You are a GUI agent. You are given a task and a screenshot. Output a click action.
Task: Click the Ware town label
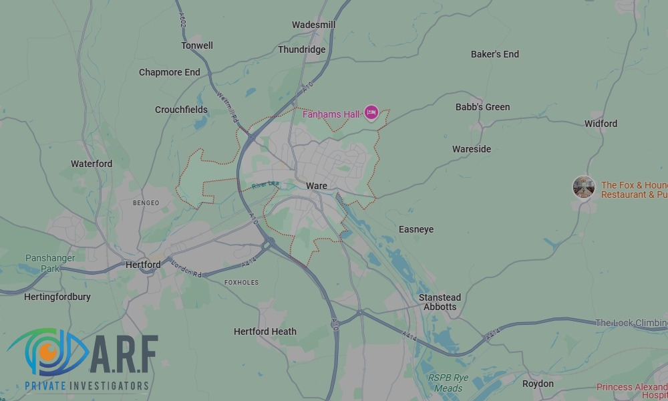click(x=317, y=186)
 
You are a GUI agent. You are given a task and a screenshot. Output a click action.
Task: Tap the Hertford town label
click(x=143, y=265)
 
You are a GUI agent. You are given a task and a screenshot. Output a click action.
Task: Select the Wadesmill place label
click(x=313, y=25)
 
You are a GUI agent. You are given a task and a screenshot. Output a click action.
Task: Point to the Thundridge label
click(x=301, y=49)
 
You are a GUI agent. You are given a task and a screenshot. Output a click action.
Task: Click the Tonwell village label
click(x=197, y=45)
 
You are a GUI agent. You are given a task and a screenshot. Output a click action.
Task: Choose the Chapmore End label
click(x=169, y=72)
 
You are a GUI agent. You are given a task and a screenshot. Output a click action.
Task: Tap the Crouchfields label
click(x=181, y=110)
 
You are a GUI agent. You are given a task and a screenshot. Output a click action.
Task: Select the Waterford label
click(x=92, y=164)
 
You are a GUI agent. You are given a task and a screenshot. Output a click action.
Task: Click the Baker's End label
click(x=494, y=54)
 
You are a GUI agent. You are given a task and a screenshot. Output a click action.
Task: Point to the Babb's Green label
click(x=482, y=107)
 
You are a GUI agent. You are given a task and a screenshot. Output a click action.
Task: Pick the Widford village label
click(x=601, y=124)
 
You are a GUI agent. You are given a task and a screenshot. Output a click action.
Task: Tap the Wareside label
click(x=471, y=149)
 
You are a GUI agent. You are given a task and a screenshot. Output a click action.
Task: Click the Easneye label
click(x=415, y=229)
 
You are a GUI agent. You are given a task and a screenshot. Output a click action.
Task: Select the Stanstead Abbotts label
click(x=440, y=302)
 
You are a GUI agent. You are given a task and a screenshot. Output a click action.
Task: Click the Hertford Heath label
click(x=265, y=331)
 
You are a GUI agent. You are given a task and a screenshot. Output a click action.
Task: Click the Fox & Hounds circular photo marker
click(x=584, y=187)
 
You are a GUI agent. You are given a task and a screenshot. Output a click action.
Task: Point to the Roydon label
click(x=538, y=384)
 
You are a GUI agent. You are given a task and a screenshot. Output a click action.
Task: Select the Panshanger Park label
click(x=42, y=263)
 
